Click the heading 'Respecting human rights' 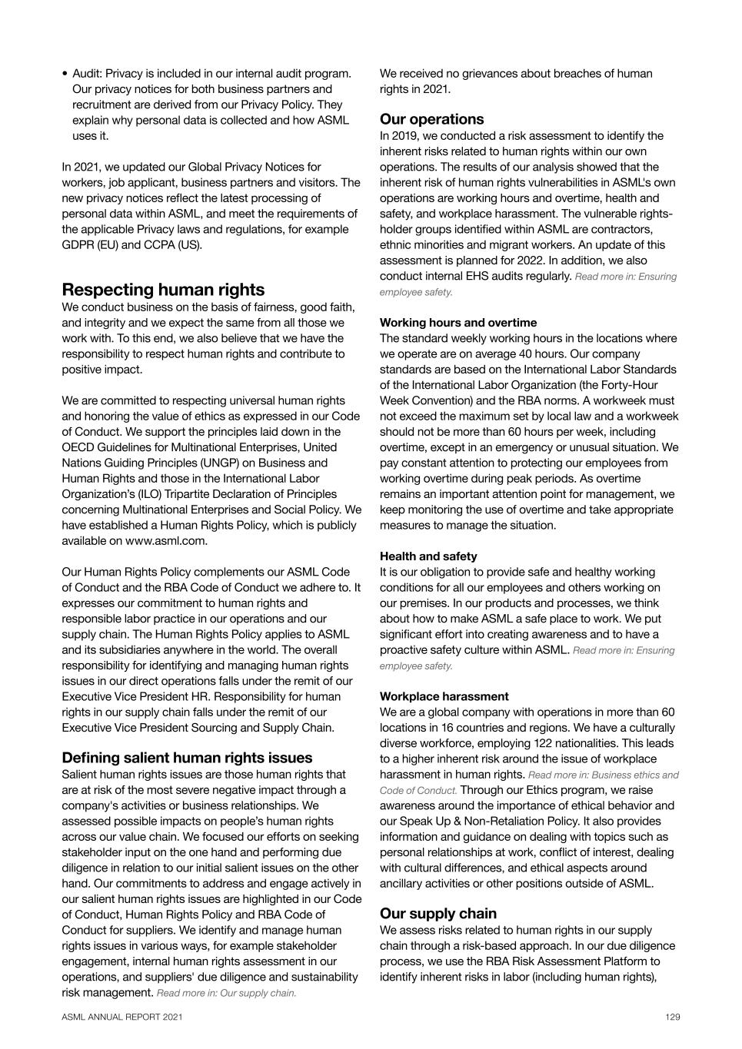163,290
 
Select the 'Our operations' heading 431,119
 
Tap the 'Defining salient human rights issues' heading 187,758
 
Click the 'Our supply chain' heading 438,913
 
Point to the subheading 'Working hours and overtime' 458,323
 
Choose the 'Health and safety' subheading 428,556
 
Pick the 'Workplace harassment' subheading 444,696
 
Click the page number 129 672,1017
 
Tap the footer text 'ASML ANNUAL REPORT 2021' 122,1017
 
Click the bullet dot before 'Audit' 65,75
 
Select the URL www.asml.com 165,541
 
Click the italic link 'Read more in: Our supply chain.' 226,993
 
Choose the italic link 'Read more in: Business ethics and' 603,775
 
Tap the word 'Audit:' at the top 87,74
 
